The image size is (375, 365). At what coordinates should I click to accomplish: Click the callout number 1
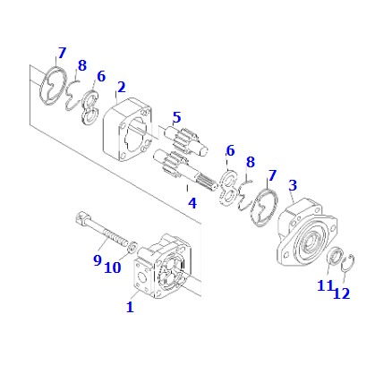[130, 307]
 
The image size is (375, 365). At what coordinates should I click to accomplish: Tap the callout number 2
[121, 87]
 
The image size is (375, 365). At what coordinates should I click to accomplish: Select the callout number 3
[293, 185]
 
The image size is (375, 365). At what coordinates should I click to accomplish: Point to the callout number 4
[192, 203]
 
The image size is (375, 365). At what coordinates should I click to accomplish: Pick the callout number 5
[176, 117]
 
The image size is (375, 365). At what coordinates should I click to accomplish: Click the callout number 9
[98, 260]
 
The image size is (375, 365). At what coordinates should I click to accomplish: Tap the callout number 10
[113, 267]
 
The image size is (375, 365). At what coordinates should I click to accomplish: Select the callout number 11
[325, 286]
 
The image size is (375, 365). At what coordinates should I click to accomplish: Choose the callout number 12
[341, 293]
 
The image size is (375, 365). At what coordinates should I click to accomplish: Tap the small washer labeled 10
[132, 247]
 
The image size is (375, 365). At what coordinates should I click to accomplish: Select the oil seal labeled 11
[335, 256]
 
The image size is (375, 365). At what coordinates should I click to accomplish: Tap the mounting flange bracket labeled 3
[306, 232]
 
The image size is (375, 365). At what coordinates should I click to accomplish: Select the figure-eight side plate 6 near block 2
[90, 107]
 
